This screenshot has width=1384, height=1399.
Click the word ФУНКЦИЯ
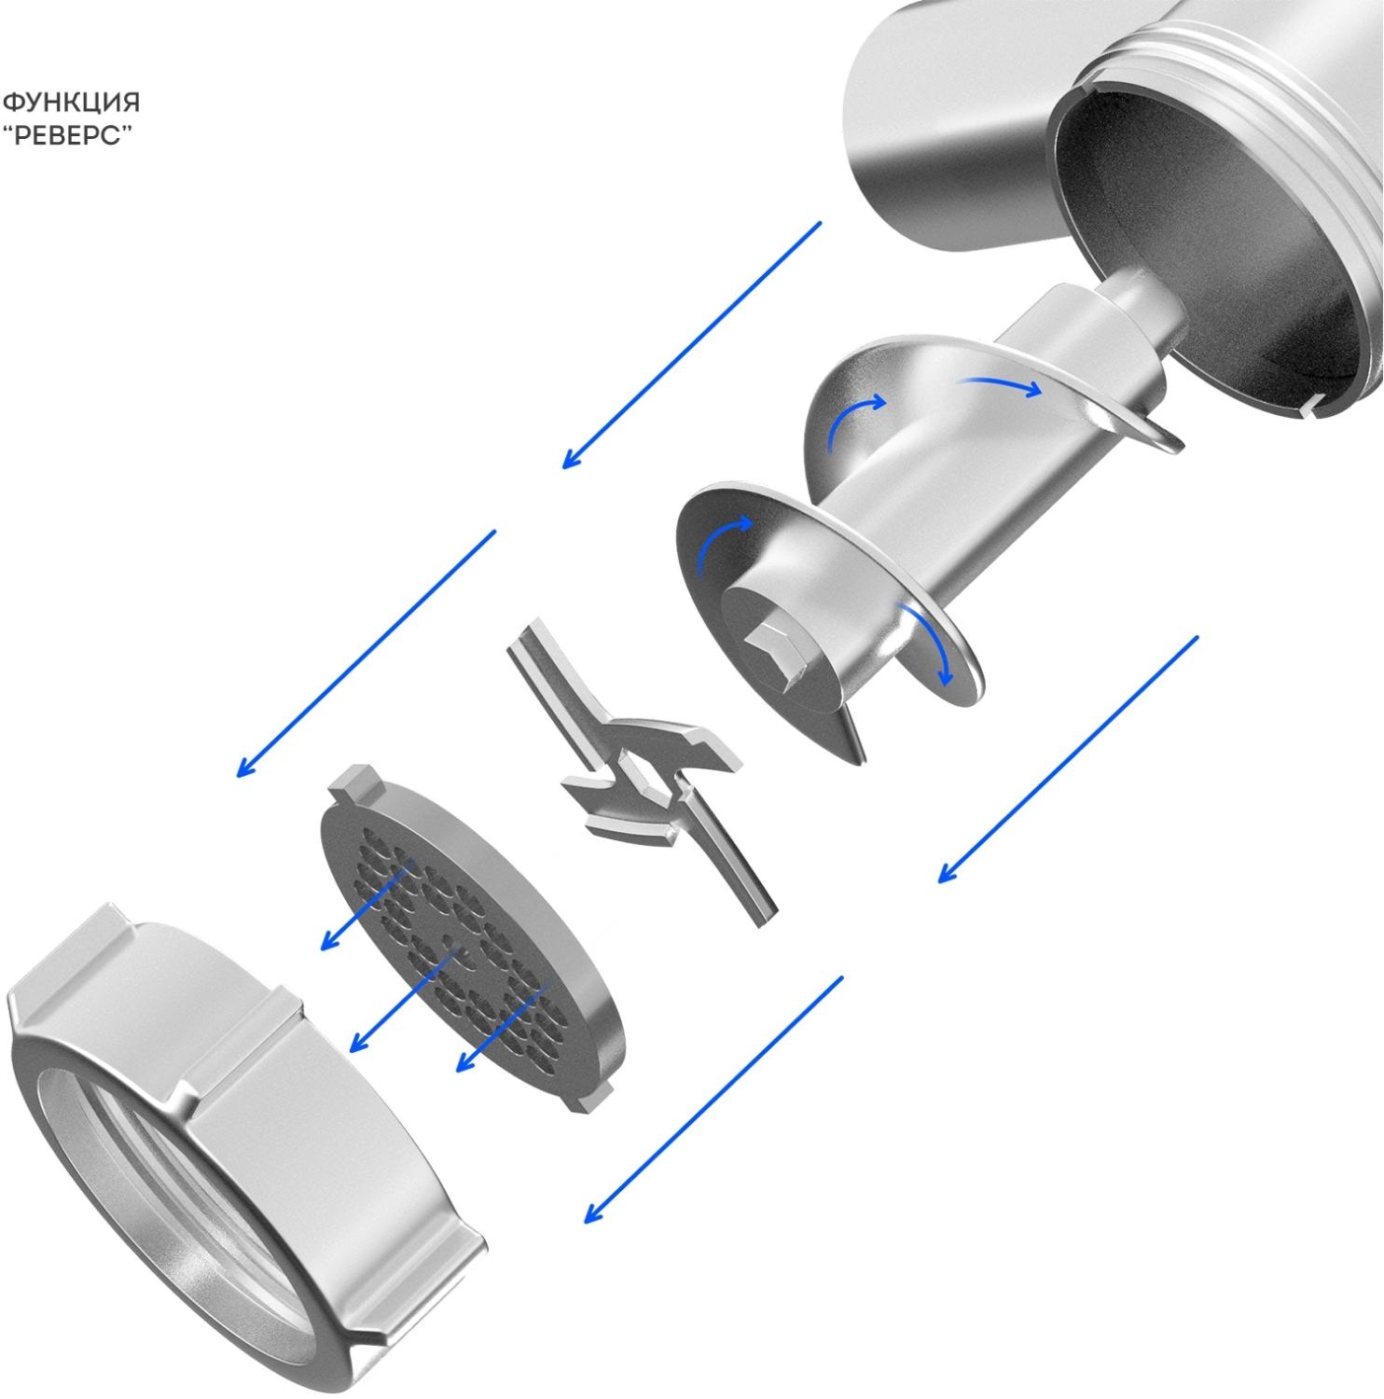pyautogui.click(x=71, y=100)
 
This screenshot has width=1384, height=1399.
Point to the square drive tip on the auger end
pyautogui.click(x=776, y=650)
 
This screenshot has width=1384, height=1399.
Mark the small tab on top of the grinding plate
pyautogui.click(x=359, y=782)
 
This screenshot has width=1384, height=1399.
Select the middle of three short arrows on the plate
pyautogui.click(x=402, y=999)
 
